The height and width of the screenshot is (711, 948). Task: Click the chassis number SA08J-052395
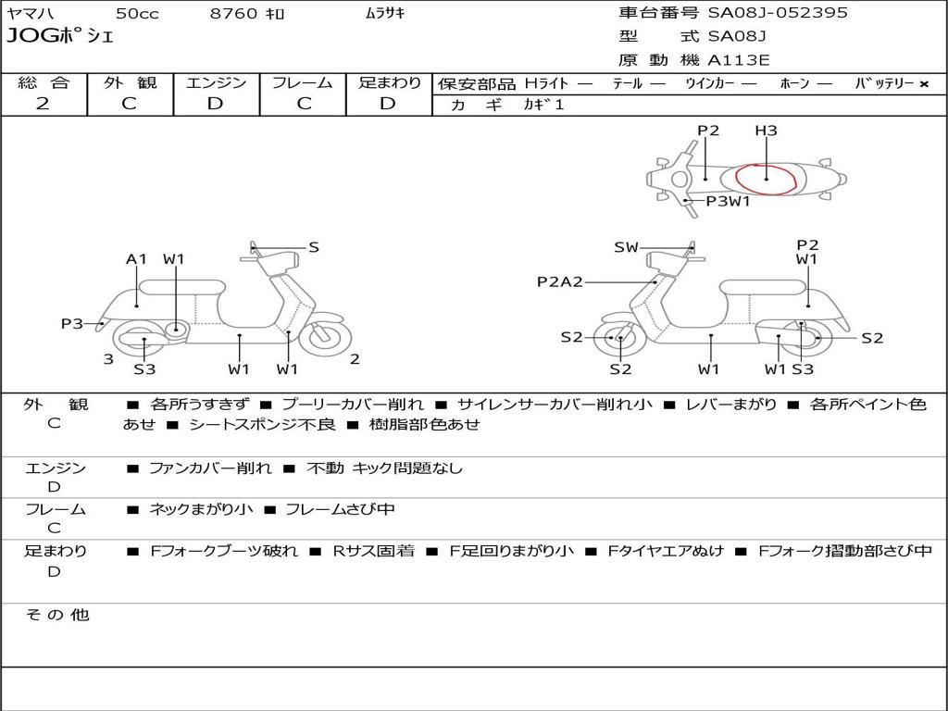tap(778, 13)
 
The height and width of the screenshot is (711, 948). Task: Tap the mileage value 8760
tap(232, 14)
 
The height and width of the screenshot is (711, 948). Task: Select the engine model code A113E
tap(738, 60)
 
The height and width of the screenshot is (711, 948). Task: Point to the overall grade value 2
tap(43, 104)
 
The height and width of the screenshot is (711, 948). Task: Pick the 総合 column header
tap(44, 82)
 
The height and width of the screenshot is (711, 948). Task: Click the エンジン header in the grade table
tap(216, 82)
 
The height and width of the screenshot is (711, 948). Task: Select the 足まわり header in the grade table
tap(389, 82)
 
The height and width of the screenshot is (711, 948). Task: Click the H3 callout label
tap(766, 131)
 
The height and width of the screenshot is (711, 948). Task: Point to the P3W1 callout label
tap(728, 201)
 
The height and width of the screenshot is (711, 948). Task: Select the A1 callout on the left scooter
tap(137, 259)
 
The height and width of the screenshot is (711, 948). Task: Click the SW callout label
tap(627, 247)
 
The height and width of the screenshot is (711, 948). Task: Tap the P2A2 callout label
tap(560, 281)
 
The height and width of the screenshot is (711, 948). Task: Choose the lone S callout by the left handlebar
tap(314, 247)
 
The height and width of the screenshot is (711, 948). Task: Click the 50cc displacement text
tap(137, 14)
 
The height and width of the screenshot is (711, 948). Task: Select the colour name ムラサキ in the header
tap(385, 14)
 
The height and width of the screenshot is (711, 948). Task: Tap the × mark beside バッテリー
tap(923, 84)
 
